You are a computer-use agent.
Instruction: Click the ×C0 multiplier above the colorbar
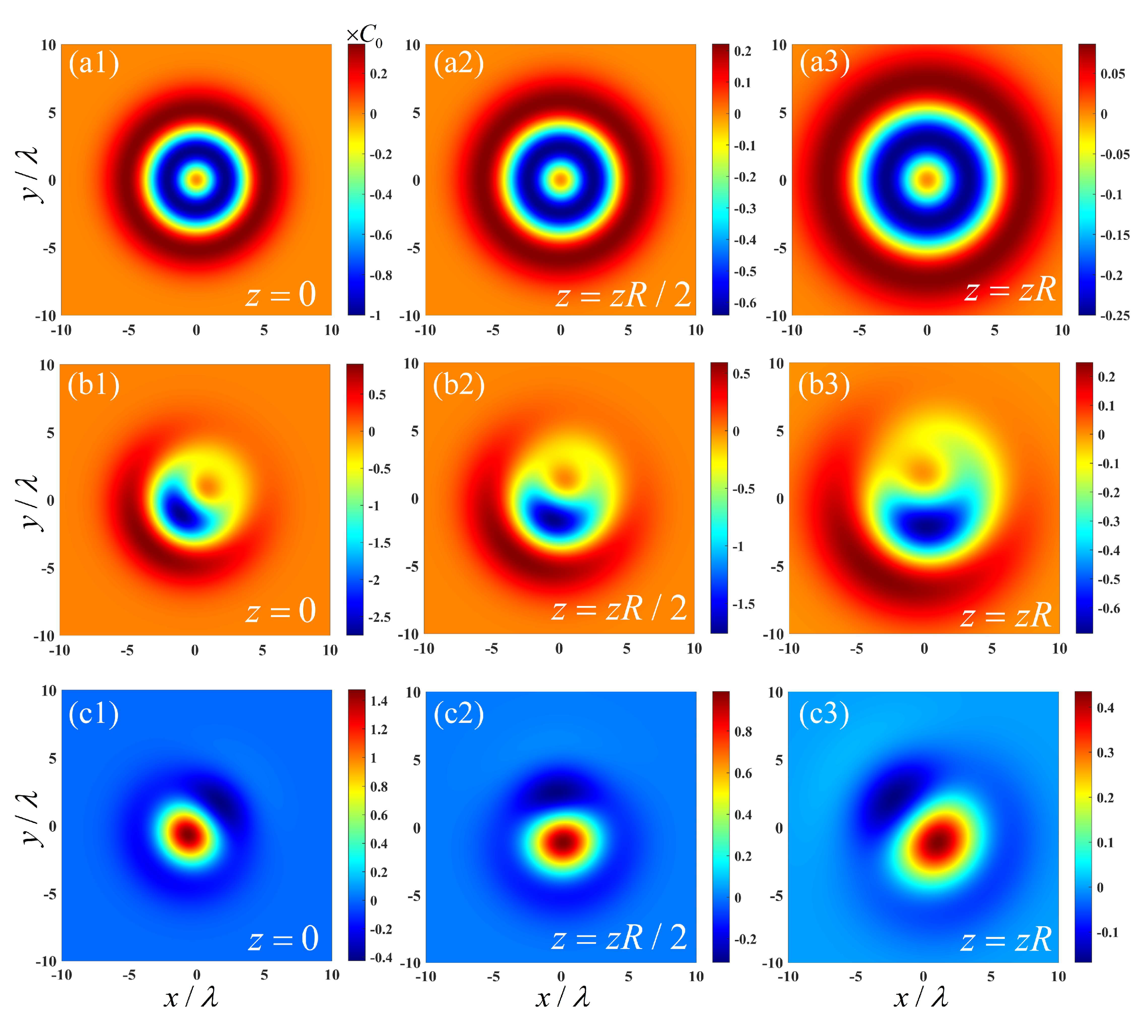364,36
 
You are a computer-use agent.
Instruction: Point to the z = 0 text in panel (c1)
283,939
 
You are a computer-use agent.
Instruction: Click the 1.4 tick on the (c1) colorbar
379,701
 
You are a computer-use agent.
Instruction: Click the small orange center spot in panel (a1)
196,180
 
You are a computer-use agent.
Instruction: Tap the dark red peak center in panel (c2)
561,842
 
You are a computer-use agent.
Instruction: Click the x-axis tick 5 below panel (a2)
628,330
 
